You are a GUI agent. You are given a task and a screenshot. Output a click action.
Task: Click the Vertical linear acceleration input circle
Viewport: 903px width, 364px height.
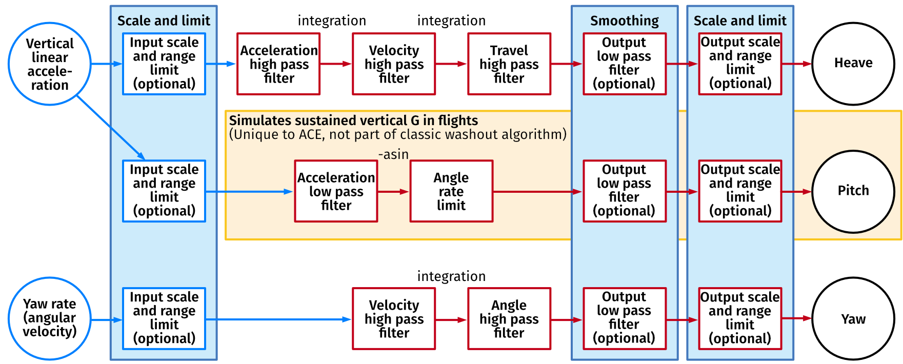(x=50, y=64)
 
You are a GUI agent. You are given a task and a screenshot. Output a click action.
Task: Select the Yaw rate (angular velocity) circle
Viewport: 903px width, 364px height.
(x=50, y=318)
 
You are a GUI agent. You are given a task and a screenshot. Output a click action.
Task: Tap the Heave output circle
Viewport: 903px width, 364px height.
(x=853, y=64)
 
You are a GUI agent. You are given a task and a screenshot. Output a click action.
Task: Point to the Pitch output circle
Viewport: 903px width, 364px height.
(x=853, y=191)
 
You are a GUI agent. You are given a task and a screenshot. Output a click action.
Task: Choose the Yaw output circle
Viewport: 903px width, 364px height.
(x=853, y=319)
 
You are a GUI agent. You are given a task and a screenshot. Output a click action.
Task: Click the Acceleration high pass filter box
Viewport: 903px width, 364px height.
(x=278, y=64)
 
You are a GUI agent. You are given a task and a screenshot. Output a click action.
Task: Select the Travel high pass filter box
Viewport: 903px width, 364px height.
(x=509, y=64)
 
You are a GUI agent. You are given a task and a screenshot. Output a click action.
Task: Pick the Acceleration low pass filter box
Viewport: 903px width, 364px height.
(x=336, y=191)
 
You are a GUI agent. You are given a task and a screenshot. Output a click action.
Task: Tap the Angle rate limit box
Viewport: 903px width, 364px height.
(x=451, y=191)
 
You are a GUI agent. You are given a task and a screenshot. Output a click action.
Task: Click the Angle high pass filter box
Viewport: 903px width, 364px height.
(x=509, y=319)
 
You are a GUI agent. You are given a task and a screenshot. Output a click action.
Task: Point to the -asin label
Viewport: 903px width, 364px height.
(x=393, y=154)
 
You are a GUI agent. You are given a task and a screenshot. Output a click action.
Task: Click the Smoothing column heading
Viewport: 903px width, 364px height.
(x=624, y=21)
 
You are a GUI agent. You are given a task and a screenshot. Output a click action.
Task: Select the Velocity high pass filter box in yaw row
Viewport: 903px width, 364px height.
(x=394, y=319)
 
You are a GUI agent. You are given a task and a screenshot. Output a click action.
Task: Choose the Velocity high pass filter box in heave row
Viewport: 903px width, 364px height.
(x=394, y=64)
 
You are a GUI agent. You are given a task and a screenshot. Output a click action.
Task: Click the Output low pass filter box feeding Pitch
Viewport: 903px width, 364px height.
(x=624, y=191)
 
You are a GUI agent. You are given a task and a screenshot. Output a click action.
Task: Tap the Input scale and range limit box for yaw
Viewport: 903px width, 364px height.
(x=164, y=318)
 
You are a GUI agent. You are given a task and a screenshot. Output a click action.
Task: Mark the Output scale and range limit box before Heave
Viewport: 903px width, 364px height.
(x=740, y=64)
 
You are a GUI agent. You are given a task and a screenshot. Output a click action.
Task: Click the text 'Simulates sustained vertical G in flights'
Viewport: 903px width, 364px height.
(x=353, y=120)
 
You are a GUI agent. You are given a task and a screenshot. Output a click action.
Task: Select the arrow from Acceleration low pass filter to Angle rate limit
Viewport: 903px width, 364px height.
(x=393, y=192)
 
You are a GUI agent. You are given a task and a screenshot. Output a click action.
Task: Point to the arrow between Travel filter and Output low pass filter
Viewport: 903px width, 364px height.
(x=567, y=64)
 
